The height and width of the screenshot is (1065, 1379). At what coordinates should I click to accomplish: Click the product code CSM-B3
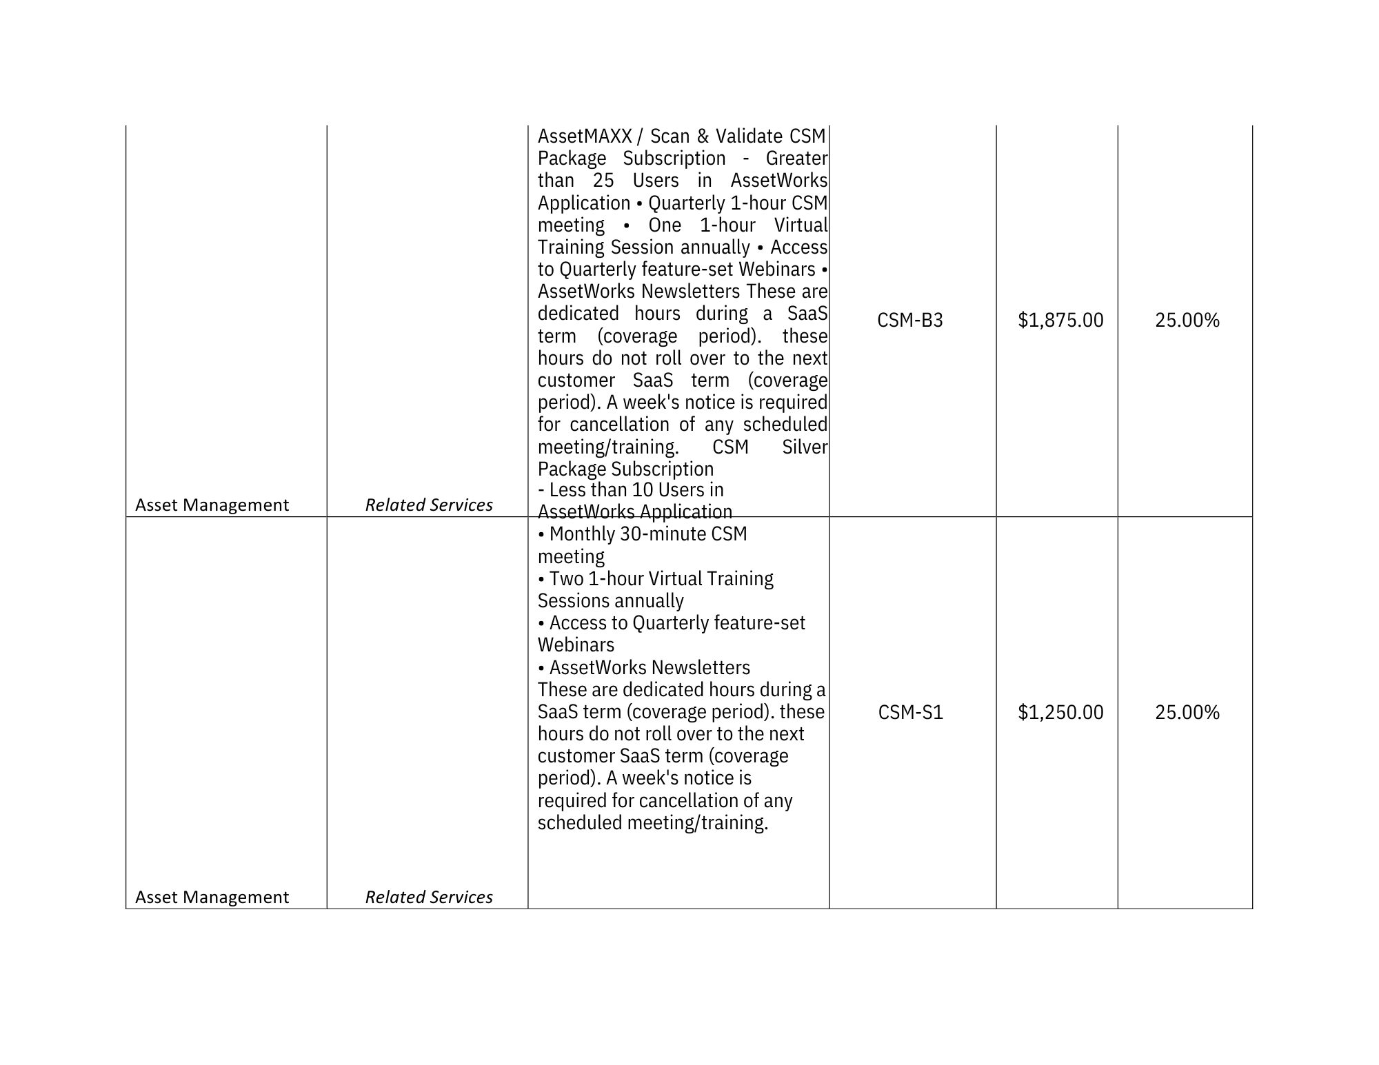[909, 321]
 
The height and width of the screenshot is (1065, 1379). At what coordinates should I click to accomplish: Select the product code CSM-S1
[910, 712]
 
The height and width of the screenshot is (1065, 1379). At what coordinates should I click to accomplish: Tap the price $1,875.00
[1060, 321]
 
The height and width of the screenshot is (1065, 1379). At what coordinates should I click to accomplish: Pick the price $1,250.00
[1060, 712]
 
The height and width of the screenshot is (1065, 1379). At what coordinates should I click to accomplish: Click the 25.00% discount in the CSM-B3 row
[1187, 321]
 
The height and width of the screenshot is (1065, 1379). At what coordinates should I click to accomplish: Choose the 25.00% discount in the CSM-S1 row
[1187, 712]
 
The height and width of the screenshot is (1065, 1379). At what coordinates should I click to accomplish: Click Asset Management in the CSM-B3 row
[212, 505]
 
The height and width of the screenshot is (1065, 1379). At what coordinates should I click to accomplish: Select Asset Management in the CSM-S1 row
[212, 897]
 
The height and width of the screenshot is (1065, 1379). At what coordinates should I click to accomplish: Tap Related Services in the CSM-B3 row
[429, 505]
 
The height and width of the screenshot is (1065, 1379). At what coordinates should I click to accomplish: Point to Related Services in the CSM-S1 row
[429, 897]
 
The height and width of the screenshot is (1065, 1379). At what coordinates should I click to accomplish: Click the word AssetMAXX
[585, 136]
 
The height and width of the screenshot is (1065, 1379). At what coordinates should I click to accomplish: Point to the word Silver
[805, 447]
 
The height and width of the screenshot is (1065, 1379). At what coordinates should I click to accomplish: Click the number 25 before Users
[603, 181]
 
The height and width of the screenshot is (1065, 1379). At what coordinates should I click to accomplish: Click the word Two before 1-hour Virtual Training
[566, 579]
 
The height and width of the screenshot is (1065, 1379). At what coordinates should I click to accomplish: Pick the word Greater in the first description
[796, 159]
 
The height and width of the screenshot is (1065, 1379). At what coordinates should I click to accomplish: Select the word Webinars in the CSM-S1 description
[576, 645]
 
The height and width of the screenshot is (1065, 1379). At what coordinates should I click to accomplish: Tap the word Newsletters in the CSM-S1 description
[700, 668]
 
